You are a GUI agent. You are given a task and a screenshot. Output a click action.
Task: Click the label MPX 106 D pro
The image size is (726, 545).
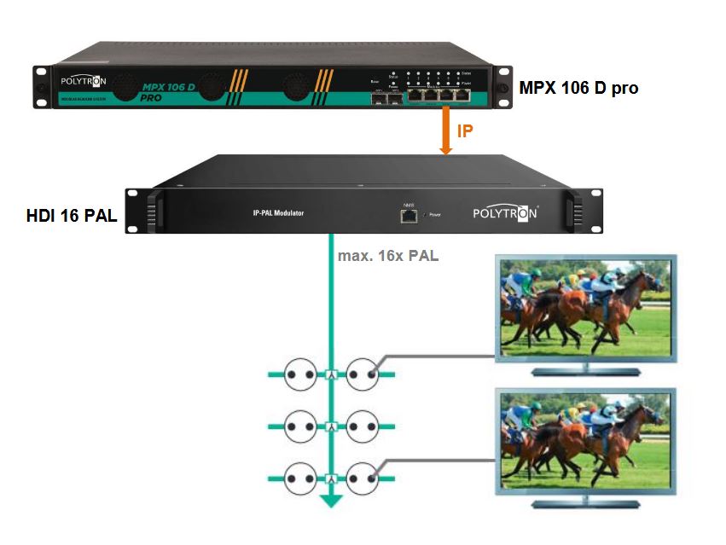578,88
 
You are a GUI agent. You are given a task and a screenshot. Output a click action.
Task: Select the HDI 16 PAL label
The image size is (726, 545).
71,217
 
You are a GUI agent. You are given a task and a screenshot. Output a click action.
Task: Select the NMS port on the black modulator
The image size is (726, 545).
408,215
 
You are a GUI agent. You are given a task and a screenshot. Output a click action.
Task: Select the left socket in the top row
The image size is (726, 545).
301,374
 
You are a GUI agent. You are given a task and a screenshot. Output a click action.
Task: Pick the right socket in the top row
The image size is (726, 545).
361,374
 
